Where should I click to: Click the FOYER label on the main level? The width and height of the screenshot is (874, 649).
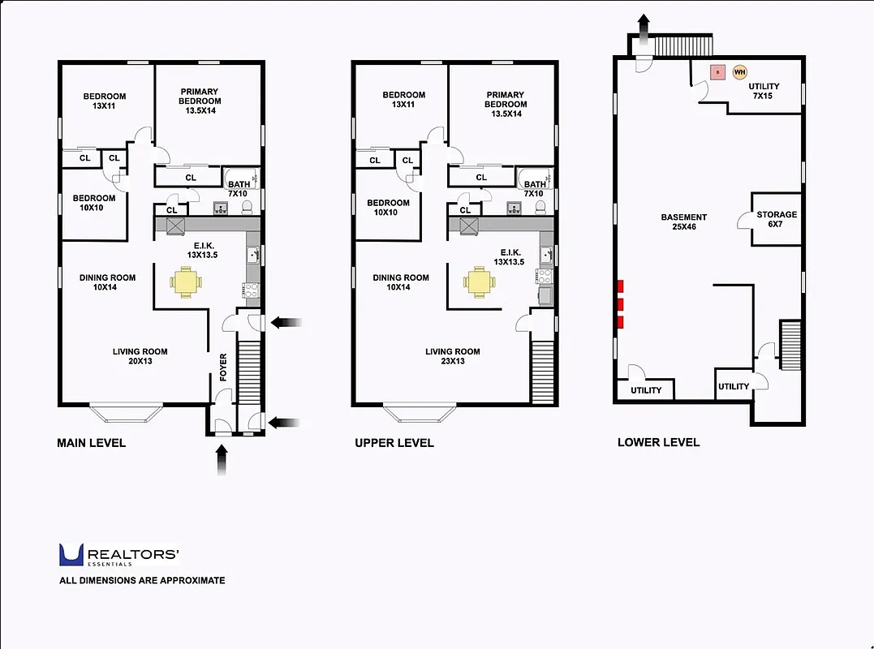224,366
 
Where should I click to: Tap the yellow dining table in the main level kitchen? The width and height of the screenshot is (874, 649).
186,282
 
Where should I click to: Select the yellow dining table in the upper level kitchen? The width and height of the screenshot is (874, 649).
479,282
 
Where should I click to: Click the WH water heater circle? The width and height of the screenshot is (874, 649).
739,72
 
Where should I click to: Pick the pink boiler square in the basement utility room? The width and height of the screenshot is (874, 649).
717,72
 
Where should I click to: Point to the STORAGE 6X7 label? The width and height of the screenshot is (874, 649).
777,220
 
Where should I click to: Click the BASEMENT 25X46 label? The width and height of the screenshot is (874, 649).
683,222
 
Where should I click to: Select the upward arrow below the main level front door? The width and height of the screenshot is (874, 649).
222,463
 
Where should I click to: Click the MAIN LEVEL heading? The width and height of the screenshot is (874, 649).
91,443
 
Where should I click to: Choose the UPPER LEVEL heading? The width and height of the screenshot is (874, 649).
394,443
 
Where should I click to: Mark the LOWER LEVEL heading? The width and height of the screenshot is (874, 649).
658,442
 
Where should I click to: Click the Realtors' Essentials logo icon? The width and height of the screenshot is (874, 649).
71,555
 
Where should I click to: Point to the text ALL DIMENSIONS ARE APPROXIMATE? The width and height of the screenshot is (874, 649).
142,581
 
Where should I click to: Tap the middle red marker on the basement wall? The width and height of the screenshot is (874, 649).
621,304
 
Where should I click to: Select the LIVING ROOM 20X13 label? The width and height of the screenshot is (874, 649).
140,356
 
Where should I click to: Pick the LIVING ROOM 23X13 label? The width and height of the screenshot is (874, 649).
453,356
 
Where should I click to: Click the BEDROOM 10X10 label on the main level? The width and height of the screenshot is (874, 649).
94,203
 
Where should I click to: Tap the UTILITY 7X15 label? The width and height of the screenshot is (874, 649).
764,92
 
